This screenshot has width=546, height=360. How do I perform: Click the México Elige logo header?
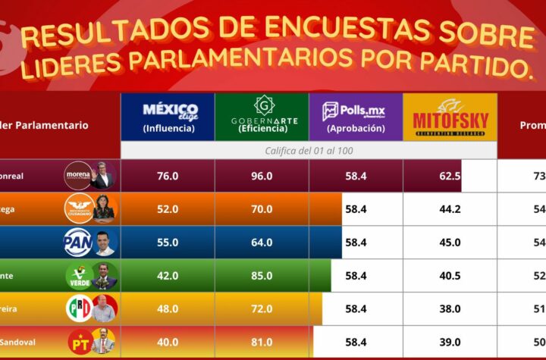168,116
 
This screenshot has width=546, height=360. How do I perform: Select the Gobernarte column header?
262,116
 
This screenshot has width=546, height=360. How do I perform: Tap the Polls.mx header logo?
355,116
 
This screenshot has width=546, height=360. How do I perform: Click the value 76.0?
168,176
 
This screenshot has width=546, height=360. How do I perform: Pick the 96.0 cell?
262,176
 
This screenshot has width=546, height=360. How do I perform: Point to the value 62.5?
450,176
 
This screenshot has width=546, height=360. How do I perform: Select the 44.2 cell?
450,209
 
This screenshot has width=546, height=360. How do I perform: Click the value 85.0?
262,276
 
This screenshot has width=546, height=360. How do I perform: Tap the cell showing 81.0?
262,343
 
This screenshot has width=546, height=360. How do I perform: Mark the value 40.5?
450,276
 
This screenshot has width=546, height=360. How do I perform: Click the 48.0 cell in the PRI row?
168,309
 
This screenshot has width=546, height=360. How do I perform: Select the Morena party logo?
77,175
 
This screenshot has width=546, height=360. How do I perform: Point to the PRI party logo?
77,308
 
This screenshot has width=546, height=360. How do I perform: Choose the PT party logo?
77,342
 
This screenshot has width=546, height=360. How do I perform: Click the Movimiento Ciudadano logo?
77,208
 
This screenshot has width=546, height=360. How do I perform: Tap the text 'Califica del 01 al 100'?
309,150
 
